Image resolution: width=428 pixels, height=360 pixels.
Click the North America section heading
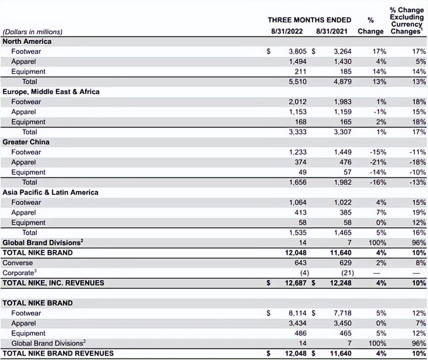pyautogui.click(x=27, y=41)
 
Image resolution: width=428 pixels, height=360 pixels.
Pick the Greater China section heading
pyautogui.click(x=26, y=142)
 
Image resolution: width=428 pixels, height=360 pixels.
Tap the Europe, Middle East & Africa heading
pyautogui.click(x=51, y=92)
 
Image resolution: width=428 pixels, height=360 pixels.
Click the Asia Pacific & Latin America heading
pyautogui.click(x=50, y=192)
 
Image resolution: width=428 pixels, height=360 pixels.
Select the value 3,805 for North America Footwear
pyautogui.click(x=298, y=51)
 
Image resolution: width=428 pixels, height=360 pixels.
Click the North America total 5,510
pyautogui.click(x=298, y=82)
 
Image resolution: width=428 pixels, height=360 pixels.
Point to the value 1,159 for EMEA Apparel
pyautogui.click(x=342, y=112)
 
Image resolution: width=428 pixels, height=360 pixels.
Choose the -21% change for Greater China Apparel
pyautogui.click(x=378, y=162)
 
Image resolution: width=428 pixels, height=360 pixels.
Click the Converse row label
pyautogui.click(x=18, y=263)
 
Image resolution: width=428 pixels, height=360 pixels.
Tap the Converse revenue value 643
pyautogui.click(x=301, y=263)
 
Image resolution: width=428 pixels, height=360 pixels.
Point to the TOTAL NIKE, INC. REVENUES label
pyautogui.click(x=53, y=283)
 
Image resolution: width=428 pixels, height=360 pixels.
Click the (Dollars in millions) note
pyautogui.click(x=32, y=32)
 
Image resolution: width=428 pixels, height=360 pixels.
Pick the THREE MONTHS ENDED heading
pyautogui.click(x=309, y=20)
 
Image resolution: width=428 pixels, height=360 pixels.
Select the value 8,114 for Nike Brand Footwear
pyautogui.click(x=298, y=313)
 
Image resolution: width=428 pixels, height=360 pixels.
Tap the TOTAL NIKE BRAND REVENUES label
pyautogui.click(x=58, y=353)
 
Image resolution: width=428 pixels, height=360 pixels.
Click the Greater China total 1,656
pyautogui.click(x=298, y=182)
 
